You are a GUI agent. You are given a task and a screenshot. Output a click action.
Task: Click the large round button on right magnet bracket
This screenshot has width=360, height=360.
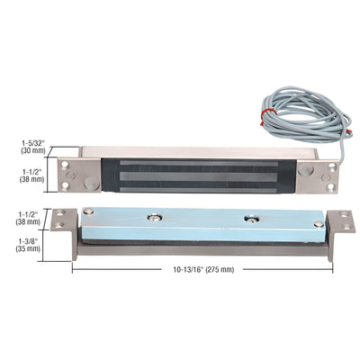pos(309,176)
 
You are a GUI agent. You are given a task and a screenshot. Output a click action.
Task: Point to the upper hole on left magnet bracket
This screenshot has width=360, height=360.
pos(67,164)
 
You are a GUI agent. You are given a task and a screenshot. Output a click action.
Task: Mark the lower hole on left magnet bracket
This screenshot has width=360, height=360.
pos(67,186)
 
